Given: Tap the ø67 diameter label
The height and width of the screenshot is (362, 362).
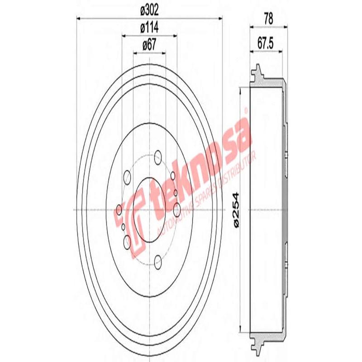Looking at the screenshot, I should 149,45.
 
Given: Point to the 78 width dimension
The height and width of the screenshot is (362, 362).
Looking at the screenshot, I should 268,19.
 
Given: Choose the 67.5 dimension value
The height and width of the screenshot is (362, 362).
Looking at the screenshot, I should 267,44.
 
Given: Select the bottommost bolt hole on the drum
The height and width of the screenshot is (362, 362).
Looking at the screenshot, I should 157,261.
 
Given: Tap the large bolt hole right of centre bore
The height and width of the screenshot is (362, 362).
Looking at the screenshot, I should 177,210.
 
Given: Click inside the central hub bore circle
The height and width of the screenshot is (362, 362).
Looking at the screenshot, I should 149,210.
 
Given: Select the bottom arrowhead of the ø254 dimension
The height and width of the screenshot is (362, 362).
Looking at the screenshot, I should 241,329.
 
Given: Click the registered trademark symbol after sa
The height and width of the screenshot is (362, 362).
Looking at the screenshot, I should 246,110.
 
